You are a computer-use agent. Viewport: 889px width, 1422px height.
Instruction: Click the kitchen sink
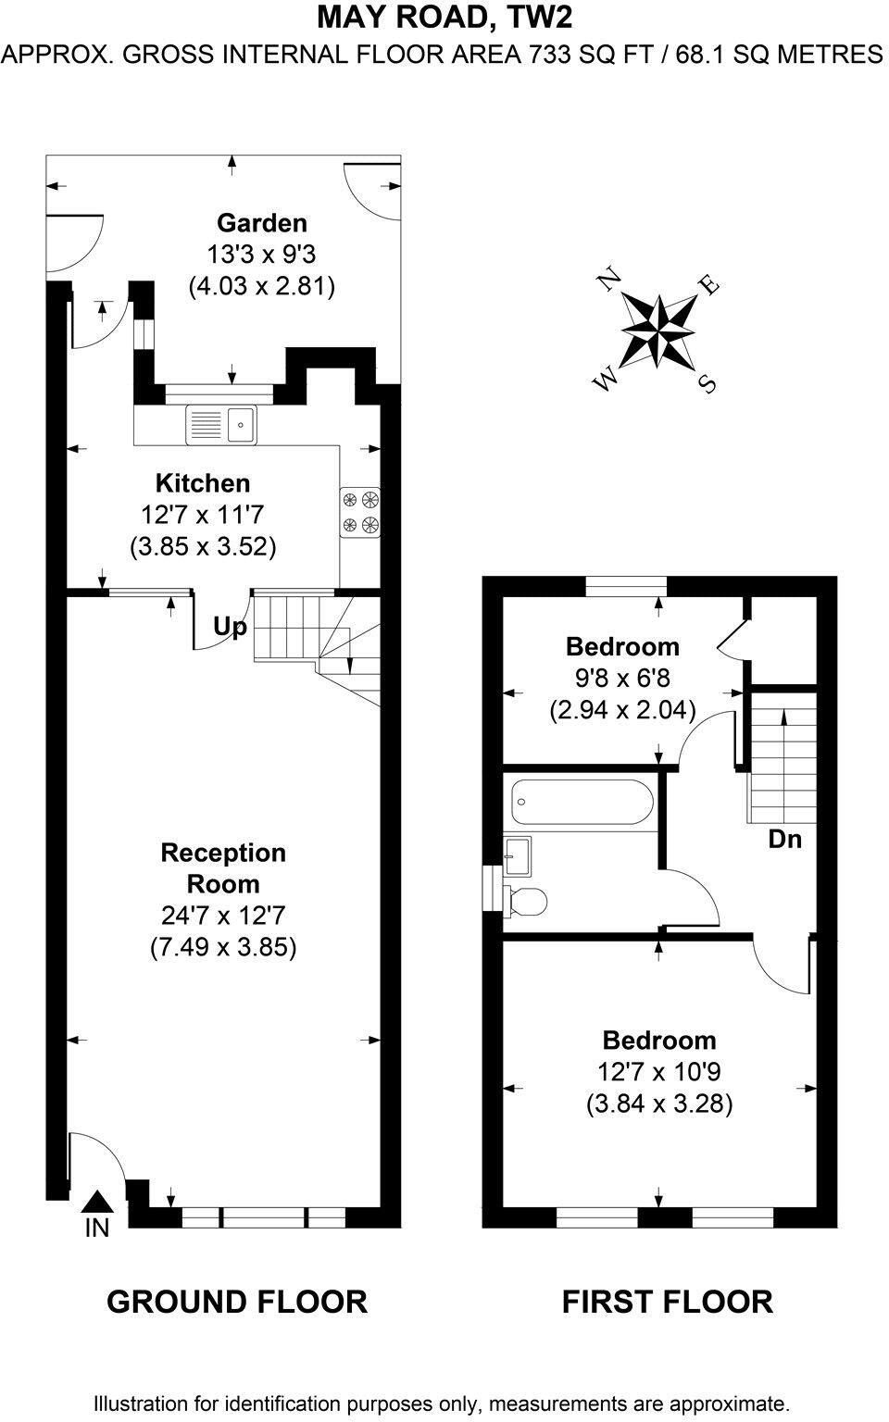click(x=222, y=425)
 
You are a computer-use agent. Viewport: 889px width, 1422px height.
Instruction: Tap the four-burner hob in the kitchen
click(x=360, y=513)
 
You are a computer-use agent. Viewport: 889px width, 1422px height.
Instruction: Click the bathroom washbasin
click(x=517, y=853)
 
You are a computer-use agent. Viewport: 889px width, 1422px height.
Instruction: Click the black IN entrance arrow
click(x=97, y=1202)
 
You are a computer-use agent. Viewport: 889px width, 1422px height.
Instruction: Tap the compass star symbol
click(x=658, y=330)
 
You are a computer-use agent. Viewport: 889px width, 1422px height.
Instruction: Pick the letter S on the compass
click(x=707, y=383)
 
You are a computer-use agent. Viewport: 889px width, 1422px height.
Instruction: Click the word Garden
click(x=261, y=223)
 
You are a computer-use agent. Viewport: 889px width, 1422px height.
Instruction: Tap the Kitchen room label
click(x=203, y=483)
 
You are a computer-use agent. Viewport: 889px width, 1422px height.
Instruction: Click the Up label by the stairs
click(x=230, y=628)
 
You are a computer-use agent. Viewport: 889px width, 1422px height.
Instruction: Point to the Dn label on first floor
click(x=784, y=840)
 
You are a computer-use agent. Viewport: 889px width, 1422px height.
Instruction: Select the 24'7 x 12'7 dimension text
click(x=223, y=916)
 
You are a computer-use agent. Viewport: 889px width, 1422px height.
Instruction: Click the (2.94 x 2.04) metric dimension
click(x=622, y=710)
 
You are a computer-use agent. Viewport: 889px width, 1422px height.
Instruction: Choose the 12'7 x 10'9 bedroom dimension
click(x=659, y=1072)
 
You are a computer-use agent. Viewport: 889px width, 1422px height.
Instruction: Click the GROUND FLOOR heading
click(x=237, y=1302)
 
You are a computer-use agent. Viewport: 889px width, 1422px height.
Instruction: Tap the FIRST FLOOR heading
click(x=667, y=1302)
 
